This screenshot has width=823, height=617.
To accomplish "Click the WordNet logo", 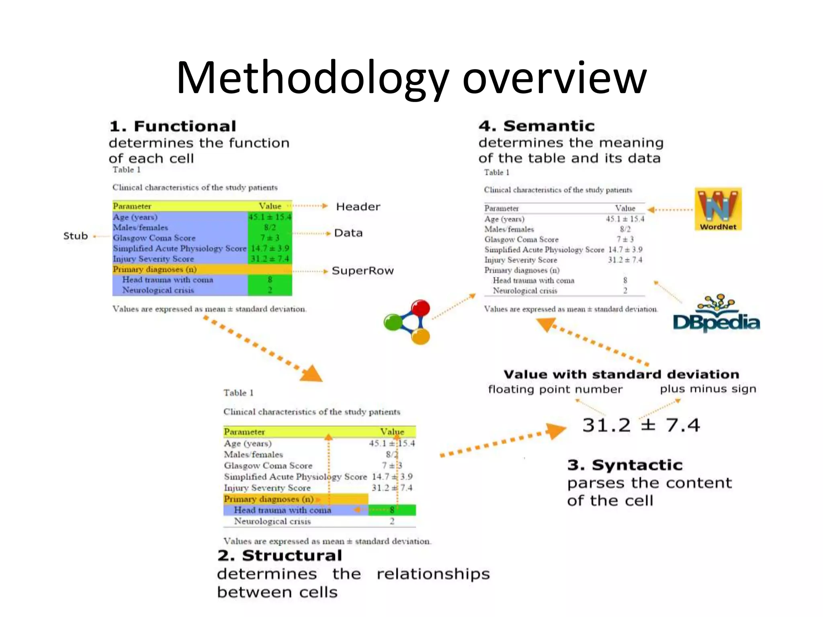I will (718, 209).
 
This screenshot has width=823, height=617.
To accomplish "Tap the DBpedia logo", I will (717, 315).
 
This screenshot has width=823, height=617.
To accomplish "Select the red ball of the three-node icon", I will (420, 308).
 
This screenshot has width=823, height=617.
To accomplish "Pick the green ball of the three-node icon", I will (393, 322).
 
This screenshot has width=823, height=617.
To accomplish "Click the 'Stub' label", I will (76, 236).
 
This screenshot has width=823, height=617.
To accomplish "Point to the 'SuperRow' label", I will (362, 271).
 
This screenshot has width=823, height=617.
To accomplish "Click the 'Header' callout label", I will (358, 206).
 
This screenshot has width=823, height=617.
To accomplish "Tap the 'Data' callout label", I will (348, 233).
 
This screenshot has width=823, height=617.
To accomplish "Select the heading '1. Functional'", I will (173, 126).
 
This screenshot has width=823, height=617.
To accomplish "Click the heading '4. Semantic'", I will (536, 126).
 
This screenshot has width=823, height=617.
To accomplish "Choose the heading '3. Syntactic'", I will (625, 465).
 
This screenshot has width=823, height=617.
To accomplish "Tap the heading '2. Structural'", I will (280, 555).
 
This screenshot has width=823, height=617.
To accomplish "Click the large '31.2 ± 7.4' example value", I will (641, 425).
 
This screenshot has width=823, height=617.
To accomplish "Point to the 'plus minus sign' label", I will (708, 388).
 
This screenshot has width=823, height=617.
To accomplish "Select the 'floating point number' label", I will (555, 389).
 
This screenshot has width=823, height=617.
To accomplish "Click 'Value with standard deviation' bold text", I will (621, 374).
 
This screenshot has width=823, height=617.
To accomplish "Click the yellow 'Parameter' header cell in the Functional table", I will (132, 206).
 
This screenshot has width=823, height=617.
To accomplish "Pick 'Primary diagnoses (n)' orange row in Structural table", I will (268, 499).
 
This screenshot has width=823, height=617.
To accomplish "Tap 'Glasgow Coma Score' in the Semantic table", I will (521, 239).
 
